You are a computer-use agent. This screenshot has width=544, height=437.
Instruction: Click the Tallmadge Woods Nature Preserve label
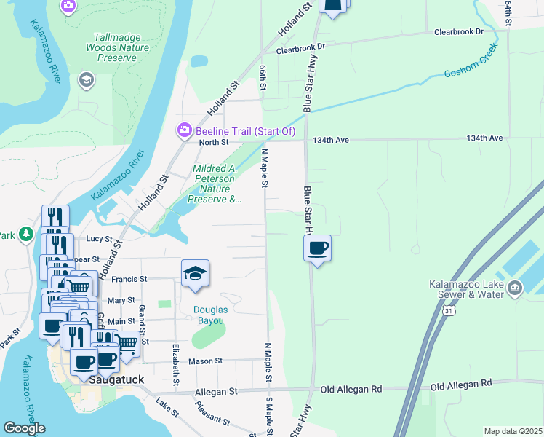pyautogui.click(x=121, y=48)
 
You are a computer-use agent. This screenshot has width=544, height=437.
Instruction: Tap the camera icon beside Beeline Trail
pyautogui.click(x=184, y=130)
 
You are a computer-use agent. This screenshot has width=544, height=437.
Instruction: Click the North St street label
pyautogui.click(x=214, y=142)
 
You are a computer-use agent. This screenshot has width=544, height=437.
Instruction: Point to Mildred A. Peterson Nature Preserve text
pyautogui.click(x=214, y=184)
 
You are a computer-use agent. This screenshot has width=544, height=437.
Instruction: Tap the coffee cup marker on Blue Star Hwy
pyautogui.click(x=317, y=249)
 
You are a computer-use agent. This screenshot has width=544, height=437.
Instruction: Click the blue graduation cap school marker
pyautogui.click(x=195, y=274)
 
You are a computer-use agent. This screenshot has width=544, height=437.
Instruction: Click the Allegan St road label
pyautogui.click(x=217, y=392)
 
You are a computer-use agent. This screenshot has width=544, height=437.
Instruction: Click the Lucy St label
pyautogui.click(x=100, y=238)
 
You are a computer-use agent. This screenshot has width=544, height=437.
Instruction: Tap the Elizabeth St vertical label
pyautogui.click(x=176, y=360)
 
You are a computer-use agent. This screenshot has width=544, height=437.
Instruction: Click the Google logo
pyautogui.click(x=24, y=428)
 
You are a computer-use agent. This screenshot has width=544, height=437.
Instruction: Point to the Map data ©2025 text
pyautogui.click(x=513, y=431)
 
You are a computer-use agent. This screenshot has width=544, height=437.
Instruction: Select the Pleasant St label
pyautogui.click(x=212, y=421)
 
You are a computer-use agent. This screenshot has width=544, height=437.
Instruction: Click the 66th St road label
pyautogui.click(x=263, y=77)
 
